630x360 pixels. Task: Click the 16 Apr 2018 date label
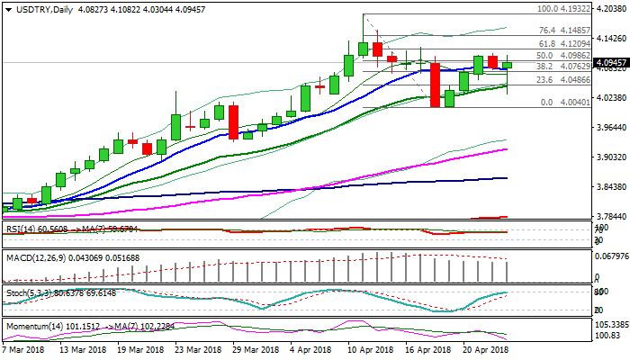(427, 348)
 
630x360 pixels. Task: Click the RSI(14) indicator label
(20, 229)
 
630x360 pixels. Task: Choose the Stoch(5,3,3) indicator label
(31, 292)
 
